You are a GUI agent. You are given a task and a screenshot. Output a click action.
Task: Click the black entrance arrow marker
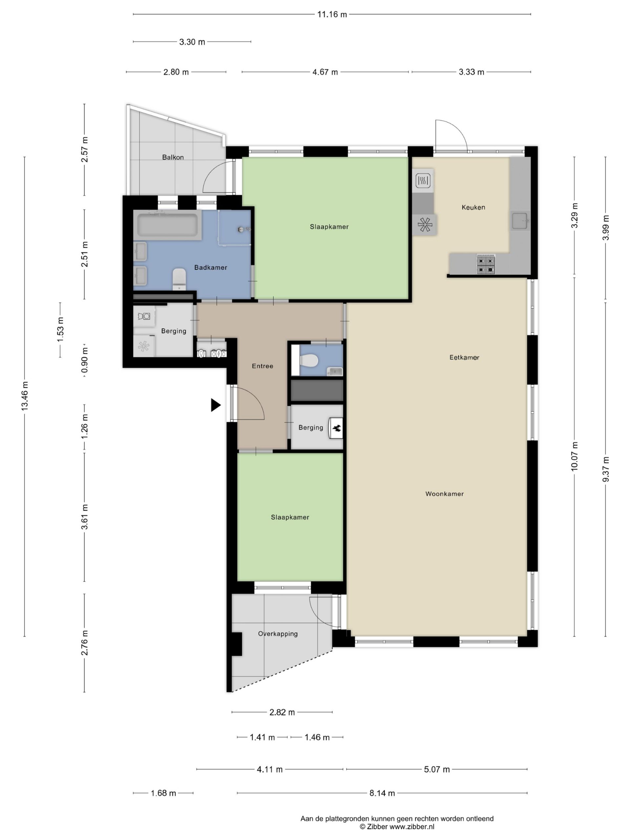215,405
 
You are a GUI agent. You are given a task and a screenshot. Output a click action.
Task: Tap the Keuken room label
473,207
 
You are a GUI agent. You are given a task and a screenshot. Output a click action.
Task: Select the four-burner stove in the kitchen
486,264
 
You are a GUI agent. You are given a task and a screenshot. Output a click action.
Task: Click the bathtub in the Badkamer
167,225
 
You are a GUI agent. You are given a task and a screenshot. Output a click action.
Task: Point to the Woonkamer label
444,494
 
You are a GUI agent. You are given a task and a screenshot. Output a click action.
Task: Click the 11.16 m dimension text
332,14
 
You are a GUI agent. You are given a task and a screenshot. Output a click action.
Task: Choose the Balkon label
173,157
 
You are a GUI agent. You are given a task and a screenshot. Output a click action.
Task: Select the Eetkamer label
464,357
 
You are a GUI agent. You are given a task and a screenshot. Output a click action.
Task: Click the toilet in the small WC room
308,360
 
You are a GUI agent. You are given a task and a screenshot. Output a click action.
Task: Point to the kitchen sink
520,220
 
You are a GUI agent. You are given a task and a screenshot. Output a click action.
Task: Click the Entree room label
262,366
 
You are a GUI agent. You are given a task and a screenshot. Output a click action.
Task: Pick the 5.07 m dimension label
437,769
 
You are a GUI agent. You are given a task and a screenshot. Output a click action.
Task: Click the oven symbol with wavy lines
423,180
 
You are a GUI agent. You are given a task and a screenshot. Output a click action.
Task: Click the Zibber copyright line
397,827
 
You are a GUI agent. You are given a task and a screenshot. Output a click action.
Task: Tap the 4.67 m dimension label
325,72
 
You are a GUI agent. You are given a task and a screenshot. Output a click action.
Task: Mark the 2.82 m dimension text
282,712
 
